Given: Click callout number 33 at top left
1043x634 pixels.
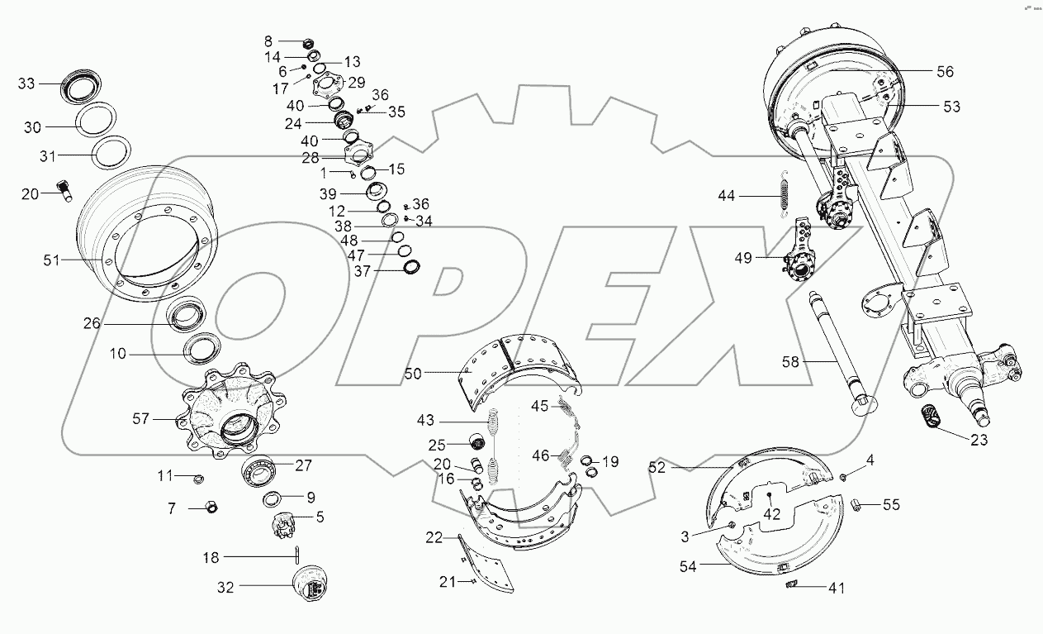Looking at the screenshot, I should (27, 83).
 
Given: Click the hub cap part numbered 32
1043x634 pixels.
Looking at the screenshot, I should (311, 585).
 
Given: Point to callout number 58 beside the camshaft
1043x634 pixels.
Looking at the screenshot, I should (792, 360).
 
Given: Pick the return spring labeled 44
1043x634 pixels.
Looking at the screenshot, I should (785, 196).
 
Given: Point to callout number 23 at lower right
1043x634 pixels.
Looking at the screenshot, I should (979, 441).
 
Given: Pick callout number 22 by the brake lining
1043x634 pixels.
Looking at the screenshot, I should (434, 538).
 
